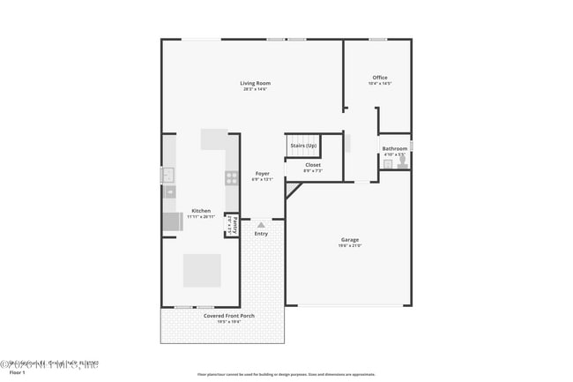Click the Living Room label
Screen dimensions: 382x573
pyautogui.click(x=256, y=83)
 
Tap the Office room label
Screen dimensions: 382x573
pyautogui.click(x=379, y=78)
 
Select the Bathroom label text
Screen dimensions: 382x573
pyautogui.click(x=394, y=148)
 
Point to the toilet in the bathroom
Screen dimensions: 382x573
pyautogui.click(x=401, y=162)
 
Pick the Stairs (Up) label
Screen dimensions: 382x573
pyautogui.click(x=302, y=145)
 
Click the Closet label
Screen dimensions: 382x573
pyautogui.click(x=313, y=164)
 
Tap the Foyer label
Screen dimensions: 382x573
pyautogui.click(x=263, y=173)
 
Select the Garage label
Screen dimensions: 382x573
pyautogui.click(x=350, y=239)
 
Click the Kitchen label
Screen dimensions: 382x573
pyautogui.click(x=201, y=210)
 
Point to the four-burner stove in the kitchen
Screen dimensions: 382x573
pyautogui.click(x=231, y=177)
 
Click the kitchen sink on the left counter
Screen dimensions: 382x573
pyautogui.click(x=168, y=176)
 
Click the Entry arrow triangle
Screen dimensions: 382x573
pyautogui.click(x=261, y=225)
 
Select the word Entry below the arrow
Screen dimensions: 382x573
pyautogui.click(x=261, y=234)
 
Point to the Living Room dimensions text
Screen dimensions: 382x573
pyautogui.click(x=256, y=89)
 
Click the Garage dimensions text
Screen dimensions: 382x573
pyautogui.click(x=350, y=245)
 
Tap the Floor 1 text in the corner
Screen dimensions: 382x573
pyautogui.click(x=11, y=373)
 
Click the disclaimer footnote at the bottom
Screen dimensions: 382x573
pyautogui.click(x=286, y=374)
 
